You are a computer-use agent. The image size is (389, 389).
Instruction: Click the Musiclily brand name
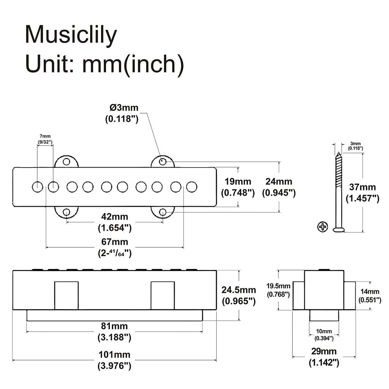coord(71,35)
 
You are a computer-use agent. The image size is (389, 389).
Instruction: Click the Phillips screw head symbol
coord(323,227)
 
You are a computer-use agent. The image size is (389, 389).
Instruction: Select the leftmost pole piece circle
coord(37,187)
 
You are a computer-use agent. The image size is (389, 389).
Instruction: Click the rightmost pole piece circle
coord(192,187)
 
